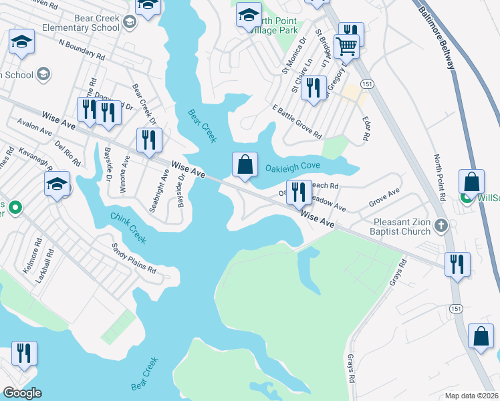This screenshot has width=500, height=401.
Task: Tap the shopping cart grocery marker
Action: click(346, 47)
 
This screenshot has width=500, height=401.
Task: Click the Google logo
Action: click(22, 393)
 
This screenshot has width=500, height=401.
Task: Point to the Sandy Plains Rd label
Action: click(133, 258)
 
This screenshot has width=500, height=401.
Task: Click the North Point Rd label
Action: click(439, 178)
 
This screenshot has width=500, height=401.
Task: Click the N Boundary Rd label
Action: click(82, 49)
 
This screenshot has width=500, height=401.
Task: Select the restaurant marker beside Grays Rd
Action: click(457, 263)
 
